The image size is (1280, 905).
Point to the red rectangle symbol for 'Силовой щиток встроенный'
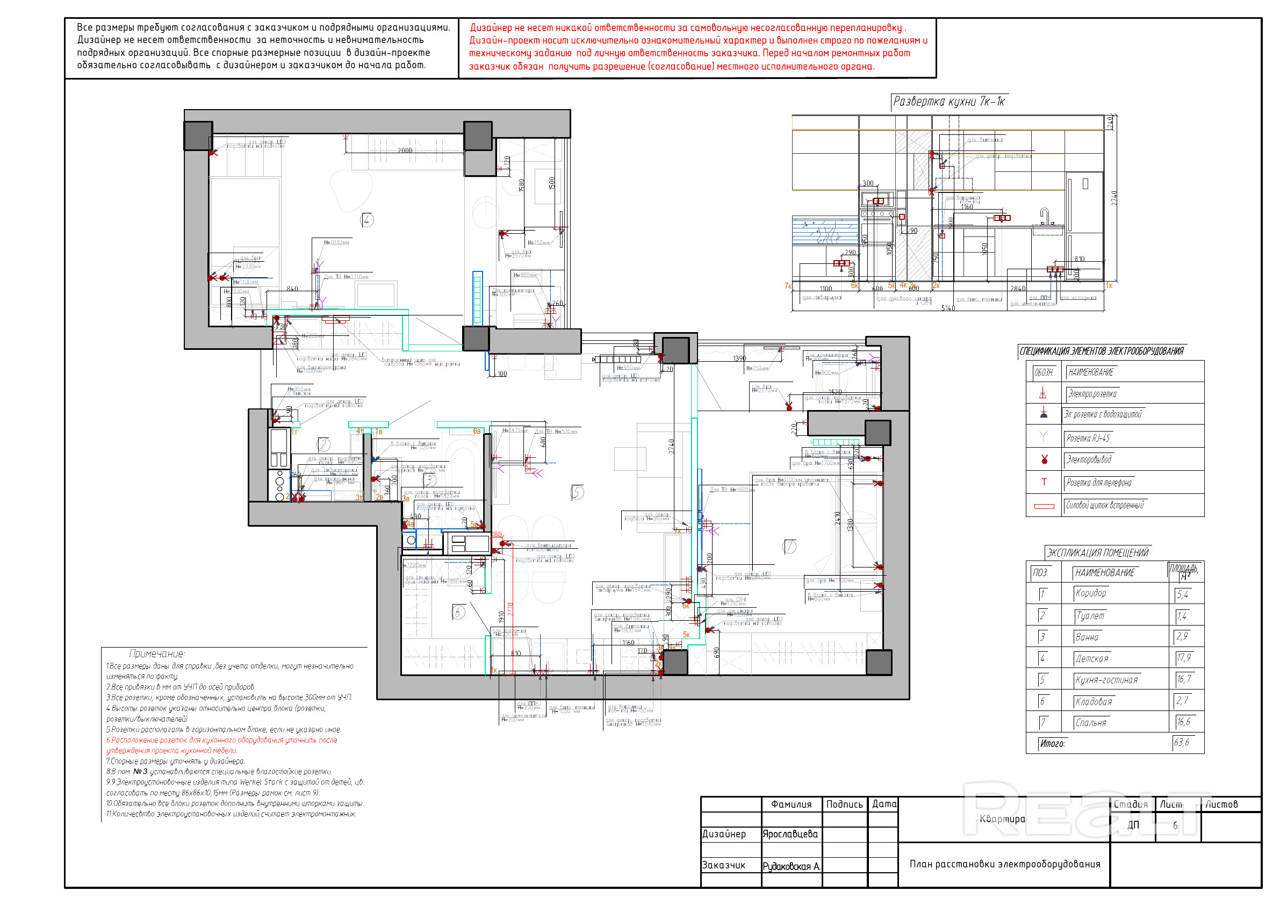pyautogui.click(x=1044, y=506)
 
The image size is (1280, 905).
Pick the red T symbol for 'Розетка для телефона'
pyautogui.click(x=1044, y=483)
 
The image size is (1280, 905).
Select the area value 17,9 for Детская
pyautogui.click(x=1185, y=658)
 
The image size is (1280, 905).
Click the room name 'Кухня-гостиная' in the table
pyautogui.click(x=1106, y=680)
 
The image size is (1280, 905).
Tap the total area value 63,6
pyautogui.click(x=1181, y=743)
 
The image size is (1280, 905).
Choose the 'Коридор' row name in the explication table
pyautogui.click(x=1090, y=593)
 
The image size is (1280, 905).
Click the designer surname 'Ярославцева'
pyautogui.click(x=790, y=834)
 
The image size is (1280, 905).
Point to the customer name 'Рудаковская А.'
pyautogui.click(x=791, y=866)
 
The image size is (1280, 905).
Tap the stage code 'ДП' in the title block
pyautogui.click(x=1133, y=825)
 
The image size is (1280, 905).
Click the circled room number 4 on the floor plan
pyautogui.click(x=366, y=220)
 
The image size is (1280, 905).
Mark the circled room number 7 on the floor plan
pyautogui.click(x=789, y=547)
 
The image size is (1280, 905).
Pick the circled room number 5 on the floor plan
pyautogui.click(x=578, y=492)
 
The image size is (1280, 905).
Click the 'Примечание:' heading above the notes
pyautogui.click(x=157, y=654)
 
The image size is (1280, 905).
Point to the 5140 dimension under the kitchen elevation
pyautogui.click(x=948, y=308)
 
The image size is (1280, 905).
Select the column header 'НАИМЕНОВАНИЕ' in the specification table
pyautogui.click(x=1090, y=372)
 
